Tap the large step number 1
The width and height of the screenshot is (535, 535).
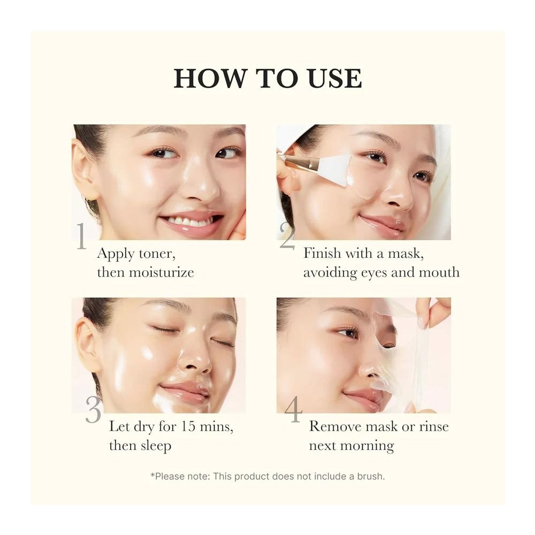[81, 236]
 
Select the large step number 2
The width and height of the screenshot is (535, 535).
[287, 236]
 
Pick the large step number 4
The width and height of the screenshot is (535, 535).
[293, 409]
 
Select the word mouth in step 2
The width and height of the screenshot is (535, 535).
[439, 272]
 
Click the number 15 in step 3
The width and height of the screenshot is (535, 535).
[187, 426]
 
